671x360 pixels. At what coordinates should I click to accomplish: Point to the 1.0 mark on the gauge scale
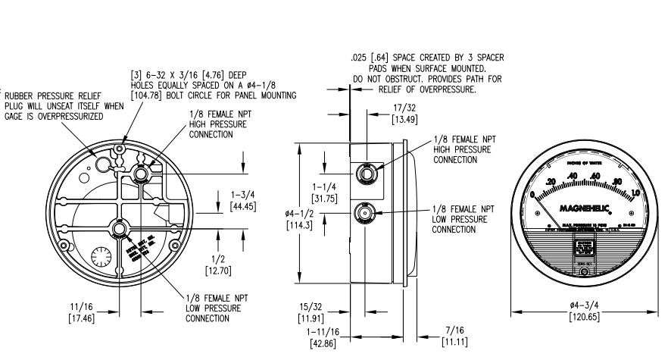point(635,193)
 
